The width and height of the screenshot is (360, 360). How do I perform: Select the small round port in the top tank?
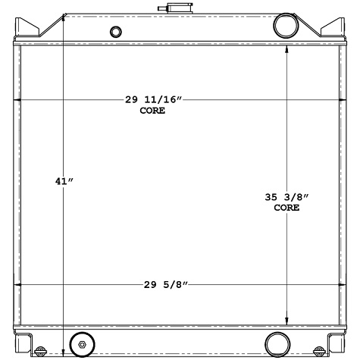115,32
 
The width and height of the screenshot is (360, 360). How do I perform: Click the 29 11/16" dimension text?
155,100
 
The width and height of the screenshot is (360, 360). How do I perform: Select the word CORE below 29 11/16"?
152,111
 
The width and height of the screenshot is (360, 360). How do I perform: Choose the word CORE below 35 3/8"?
286,207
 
